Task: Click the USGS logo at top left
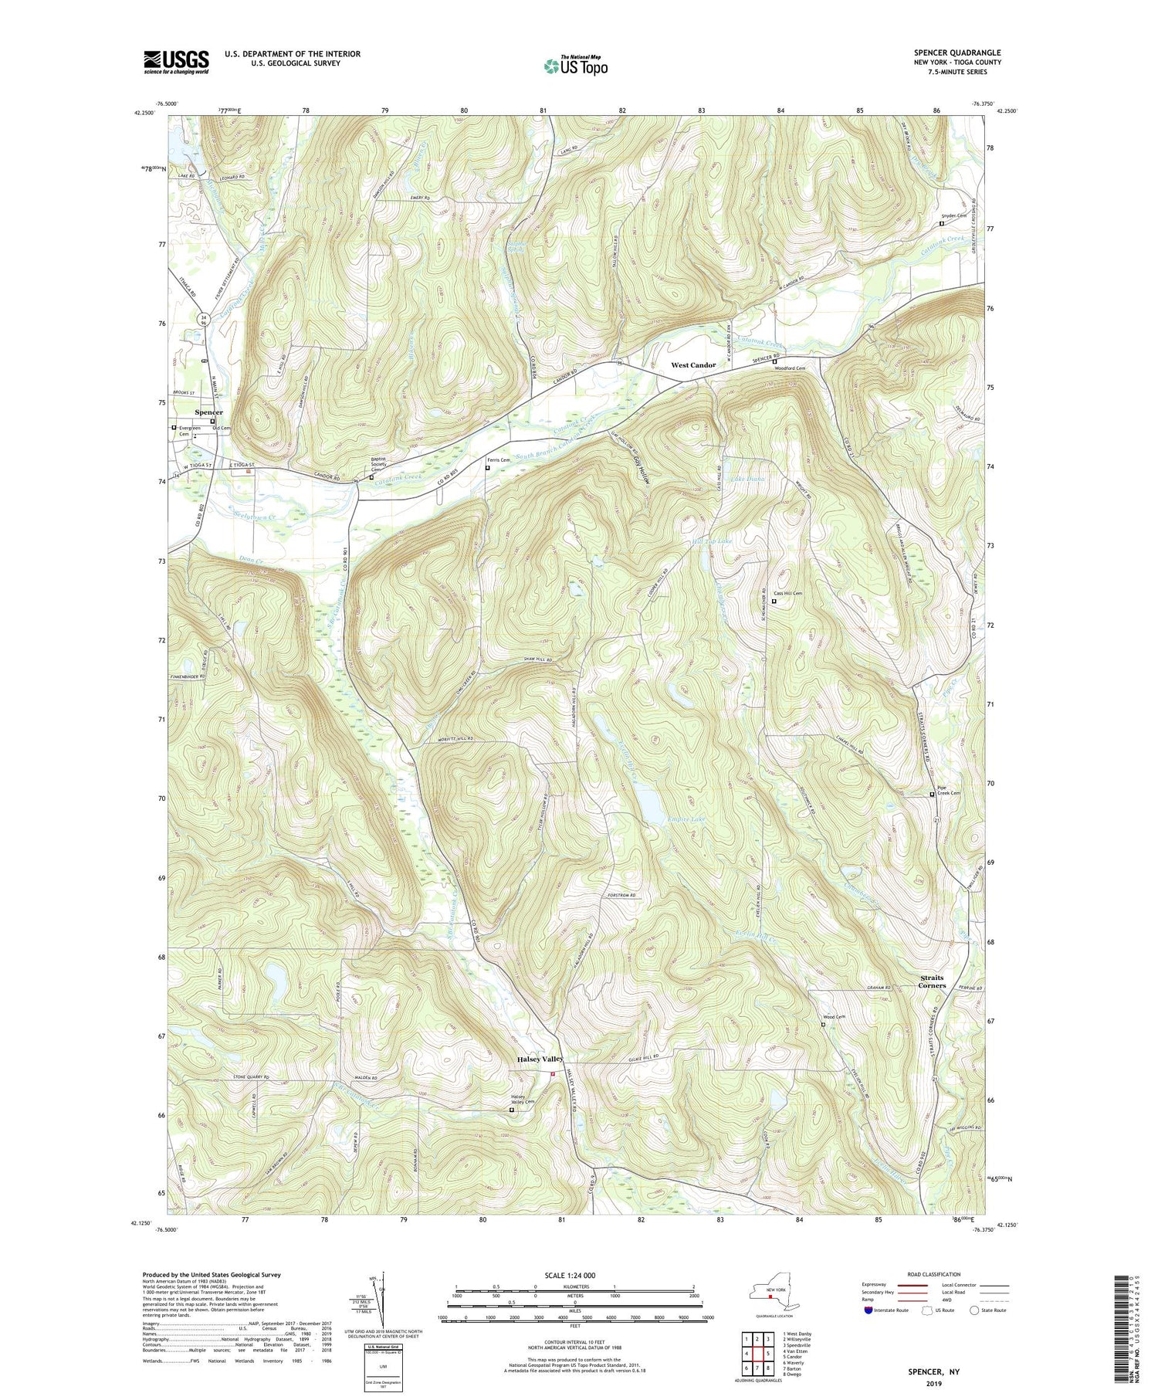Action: (176, 62)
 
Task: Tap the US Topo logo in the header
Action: (575, 66)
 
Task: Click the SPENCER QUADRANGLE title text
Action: (957, 53)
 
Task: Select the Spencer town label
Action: (208, 412)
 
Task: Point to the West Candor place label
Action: (692, 365)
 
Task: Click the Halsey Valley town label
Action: (540, 1059)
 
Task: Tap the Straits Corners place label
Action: (932, 981)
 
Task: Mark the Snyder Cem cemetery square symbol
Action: (941, 224)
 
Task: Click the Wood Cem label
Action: (834, 1017)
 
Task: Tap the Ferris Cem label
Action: (499, 460)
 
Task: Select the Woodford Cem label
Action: (789, 368)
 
